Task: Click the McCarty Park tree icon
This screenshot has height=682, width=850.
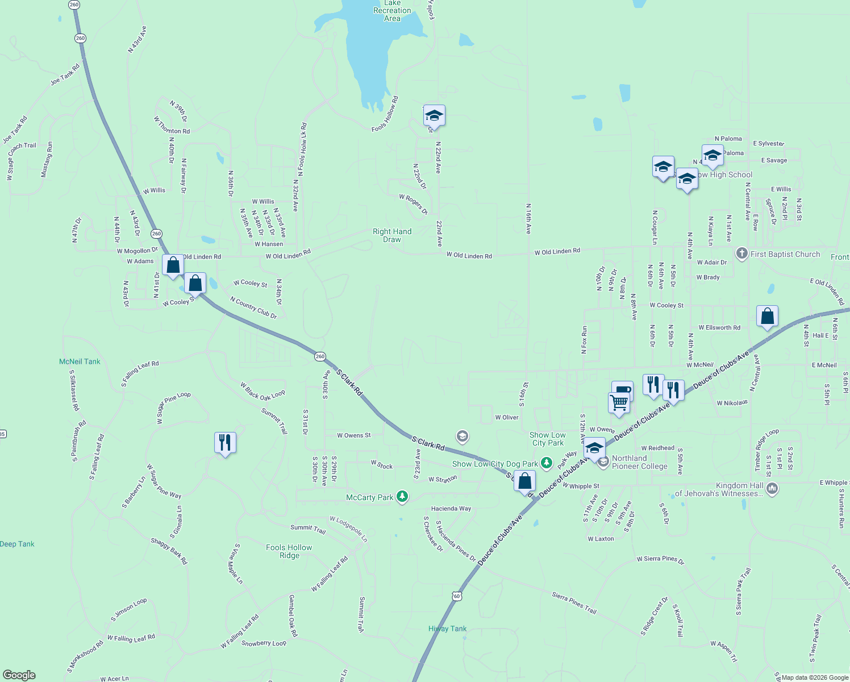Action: click(x=402, y=497)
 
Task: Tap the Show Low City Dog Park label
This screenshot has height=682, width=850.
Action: click(x=495, y=464)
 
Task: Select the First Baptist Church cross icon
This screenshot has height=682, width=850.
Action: click(x=741, y=254)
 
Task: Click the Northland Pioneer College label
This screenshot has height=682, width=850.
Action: click(x=639, y=462)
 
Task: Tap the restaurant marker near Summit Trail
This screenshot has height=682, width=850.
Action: click(x=225, y=443)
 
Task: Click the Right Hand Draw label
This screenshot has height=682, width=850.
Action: click(x=392, y=235)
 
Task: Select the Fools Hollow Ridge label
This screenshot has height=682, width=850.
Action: click(x=289, y=551)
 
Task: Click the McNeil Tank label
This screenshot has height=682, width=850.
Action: click(x=80, y=361)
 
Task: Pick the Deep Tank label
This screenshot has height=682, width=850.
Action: click(x=17, y=544)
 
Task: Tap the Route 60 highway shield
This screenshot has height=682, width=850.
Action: click(x=457, y=596)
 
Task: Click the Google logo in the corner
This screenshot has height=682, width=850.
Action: click(x=19, y=675)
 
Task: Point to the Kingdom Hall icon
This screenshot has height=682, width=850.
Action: click(x=772, y=488)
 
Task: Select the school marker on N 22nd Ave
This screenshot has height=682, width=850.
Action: click(x=434, y=116)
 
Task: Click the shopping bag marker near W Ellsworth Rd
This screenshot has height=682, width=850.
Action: click(x=767, y=317)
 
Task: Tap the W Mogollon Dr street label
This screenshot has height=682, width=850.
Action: click(x=137, y=251)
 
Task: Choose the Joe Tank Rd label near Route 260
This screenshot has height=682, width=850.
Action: click(x=65, y=74)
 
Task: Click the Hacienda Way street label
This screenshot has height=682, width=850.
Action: click(x=451, y=509)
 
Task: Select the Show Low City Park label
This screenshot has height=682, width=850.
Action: click(x=548, y=439)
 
